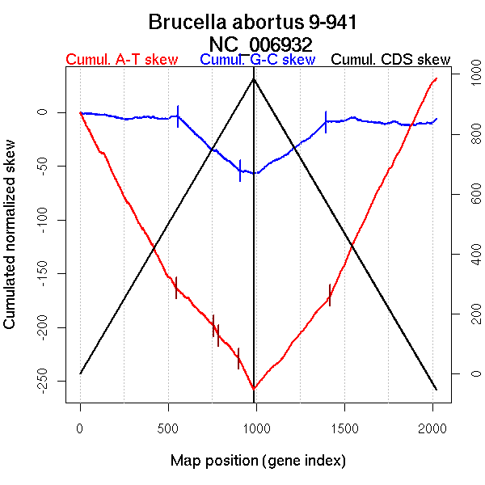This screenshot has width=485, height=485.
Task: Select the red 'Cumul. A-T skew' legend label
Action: [x=122, y=60]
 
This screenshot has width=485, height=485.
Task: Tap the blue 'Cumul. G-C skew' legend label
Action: [x=257, y=60]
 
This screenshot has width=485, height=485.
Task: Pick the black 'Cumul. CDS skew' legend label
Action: [x=391, y=60]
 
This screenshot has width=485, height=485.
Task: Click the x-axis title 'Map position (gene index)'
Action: [x=258, y=461]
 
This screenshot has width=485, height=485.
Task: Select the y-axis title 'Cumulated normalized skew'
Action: [x=11, y=244]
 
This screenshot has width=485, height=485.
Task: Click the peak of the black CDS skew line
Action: [x=254, y=78]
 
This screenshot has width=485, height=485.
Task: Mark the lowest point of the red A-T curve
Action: [x=254, y=389]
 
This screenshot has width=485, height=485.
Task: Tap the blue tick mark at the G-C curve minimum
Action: [x=240, y=170]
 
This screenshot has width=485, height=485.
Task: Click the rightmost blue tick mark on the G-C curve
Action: [x=326, y=121]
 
